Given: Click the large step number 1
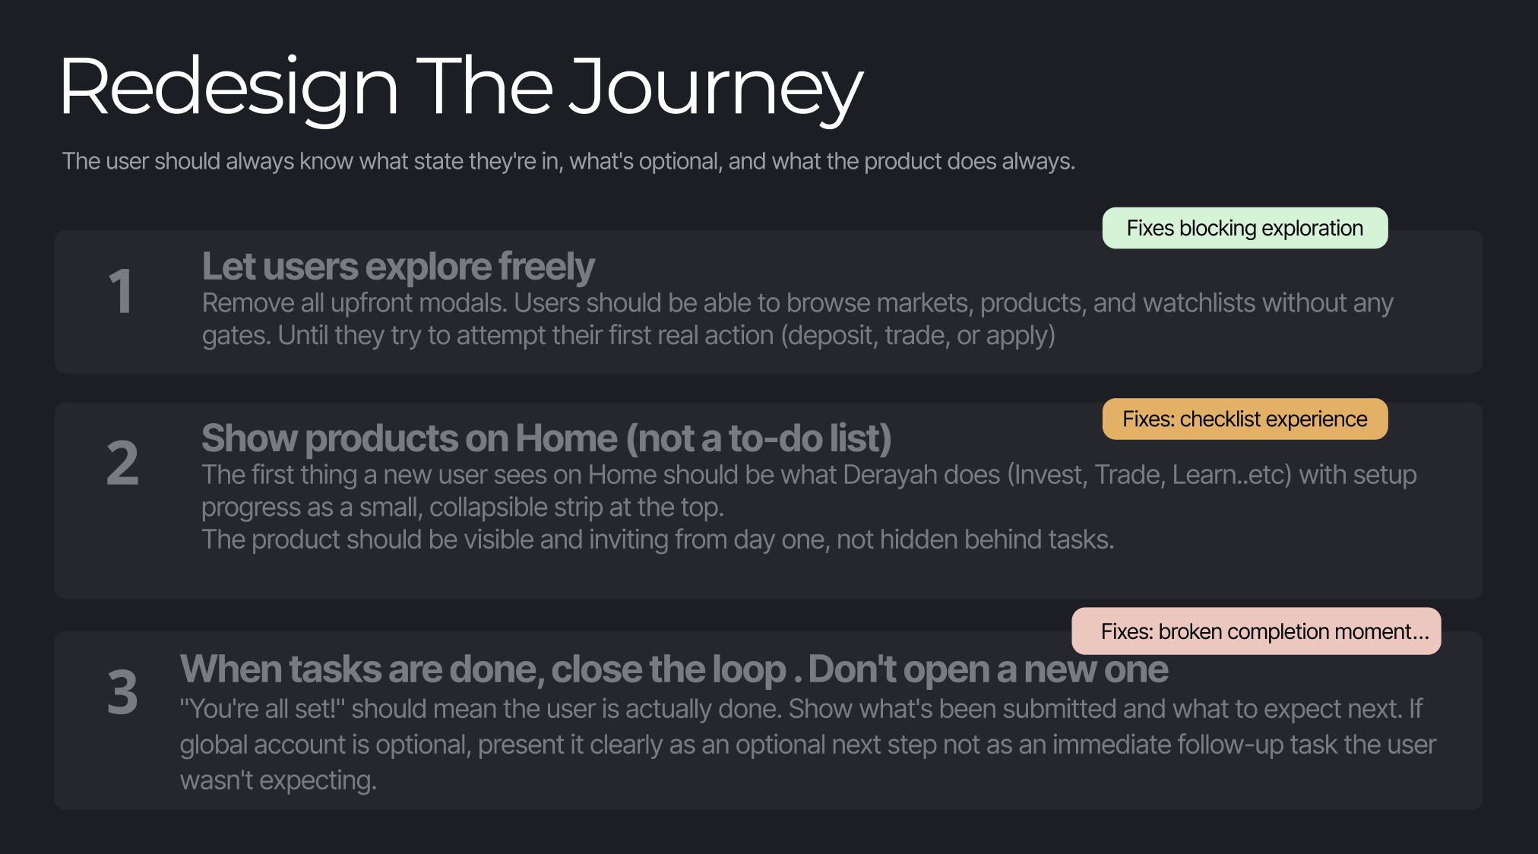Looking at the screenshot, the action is pyautogui.click(x=122, y=291).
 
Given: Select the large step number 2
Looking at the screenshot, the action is pyautogui.click(x=122, y=463).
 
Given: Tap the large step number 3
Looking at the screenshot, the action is pyautogui.click(x=122, y=692).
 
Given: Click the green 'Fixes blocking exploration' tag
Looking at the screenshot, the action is pyautogui.click(x=1245, y=228).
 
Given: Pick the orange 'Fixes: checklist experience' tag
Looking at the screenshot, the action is pyautogui.click(x=1245, y=419).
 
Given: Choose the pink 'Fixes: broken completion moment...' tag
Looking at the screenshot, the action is pyautogui.click(x=1256, y=631).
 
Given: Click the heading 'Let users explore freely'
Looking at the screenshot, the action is pyautogui.click(x=398, y=267).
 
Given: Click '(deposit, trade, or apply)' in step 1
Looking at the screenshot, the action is pyautogui.click(x=918, y=335).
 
